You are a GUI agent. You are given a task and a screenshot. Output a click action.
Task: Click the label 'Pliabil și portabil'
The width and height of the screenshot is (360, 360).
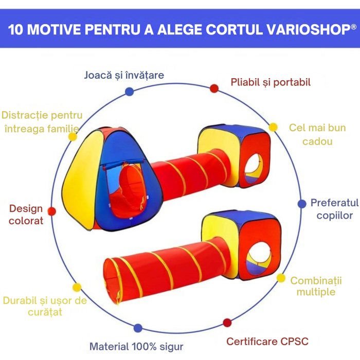coord(271,82)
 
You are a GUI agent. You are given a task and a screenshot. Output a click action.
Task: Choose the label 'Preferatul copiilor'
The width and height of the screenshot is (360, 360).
coord(332,209)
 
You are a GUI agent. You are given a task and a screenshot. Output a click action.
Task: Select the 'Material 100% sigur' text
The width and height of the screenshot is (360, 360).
coord(136,346)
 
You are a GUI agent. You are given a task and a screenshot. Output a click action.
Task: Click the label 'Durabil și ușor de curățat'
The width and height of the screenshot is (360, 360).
coord(45,306)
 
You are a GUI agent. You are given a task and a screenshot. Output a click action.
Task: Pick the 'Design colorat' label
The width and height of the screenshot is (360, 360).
coord(26,214)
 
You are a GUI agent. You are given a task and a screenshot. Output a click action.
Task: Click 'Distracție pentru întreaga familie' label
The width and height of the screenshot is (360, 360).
coord(42,122)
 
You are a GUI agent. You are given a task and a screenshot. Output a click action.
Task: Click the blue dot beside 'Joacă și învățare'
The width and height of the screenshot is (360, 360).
coord(129,92)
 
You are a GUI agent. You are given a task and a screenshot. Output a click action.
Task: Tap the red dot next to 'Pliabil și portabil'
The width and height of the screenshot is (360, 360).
coord(214,88)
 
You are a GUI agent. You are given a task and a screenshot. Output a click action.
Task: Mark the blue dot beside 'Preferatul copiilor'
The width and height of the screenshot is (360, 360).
coord(302,204)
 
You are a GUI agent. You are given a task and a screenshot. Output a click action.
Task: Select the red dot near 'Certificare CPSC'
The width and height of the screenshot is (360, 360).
coord(227,322)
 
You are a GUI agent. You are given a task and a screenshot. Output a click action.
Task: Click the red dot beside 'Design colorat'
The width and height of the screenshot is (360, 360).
coord(51,211)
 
